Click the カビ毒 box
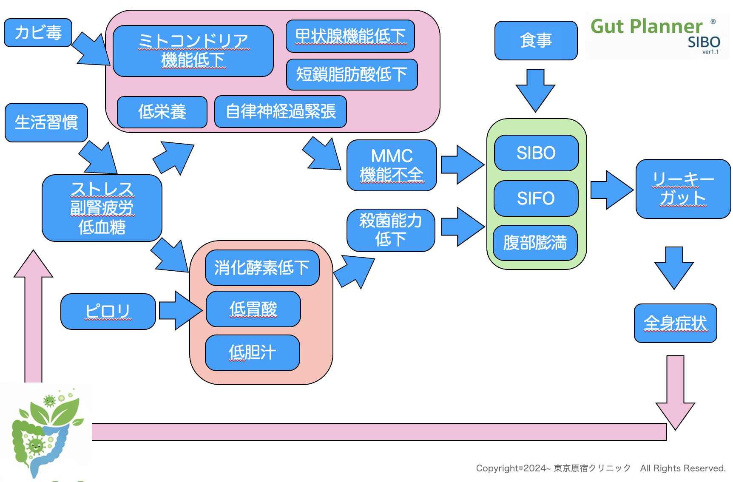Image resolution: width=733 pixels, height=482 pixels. pyautogui.click(x=38, y=33)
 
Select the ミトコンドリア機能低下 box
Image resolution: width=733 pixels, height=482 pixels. pyautogui.click(x=193, y=51)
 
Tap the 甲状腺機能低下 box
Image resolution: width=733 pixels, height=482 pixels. pyautogui.click(x=350, y=36)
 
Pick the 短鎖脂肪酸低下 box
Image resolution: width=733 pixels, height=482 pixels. pyautogui.click(x=352, y=74)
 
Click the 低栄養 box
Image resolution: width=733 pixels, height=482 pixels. pyautogui.click(x=162, y=112)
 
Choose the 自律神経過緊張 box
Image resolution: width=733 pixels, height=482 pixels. pyautogui.click(x=281, y=111)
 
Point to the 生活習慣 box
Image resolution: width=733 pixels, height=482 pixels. pyautogui.click(x=46, y=122)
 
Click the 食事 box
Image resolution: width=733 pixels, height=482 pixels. pyautogui.click(x=536, y=41)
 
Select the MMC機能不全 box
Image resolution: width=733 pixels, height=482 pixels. pyautogui.click(x=392, y=165)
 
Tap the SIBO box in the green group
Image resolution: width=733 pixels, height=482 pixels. pyautogui.click(x=536, y=153)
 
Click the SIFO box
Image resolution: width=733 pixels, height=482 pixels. pyautogui.click(x=536, y=198)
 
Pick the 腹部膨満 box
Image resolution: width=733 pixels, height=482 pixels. pyautogui.click(x=535, y=243)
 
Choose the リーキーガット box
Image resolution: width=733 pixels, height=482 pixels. pyautogui.click(x=683, y=189)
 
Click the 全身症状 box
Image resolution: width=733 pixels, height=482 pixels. pyautogui.click(x=675, y=323)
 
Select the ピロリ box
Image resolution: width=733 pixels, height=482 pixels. pyautogui.click(x=108, y=311)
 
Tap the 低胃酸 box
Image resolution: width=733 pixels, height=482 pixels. pyautogui.click(x=253, y=309)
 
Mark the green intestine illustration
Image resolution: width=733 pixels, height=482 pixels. pyautogui.click(x=45, y=434)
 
